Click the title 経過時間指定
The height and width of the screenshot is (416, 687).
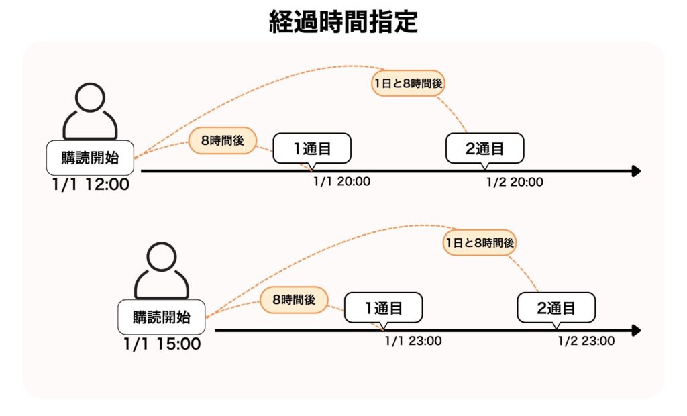[343, 22]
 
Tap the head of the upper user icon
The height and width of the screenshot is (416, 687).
[90, 99]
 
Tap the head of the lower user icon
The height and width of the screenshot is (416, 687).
[162, 258]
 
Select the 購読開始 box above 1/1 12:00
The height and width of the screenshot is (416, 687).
[90, 158]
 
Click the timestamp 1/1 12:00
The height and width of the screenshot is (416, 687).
[90, 184]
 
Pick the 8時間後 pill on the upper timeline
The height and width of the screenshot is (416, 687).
[222, 141]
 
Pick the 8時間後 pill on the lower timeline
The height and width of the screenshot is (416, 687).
[293, 299]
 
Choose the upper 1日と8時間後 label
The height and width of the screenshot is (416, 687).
[409, 84]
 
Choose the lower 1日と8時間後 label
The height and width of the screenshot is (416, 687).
[480, 243]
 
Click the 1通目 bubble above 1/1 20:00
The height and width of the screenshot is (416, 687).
[312, 148]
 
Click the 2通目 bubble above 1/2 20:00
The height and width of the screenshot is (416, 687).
[484, 148]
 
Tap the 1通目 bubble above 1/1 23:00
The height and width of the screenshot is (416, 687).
[383, 307]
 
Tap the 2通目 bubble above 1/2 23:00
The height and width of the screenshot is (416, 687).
[556, 307]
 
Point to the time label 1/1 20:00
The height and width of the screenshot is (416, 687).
[341, 181]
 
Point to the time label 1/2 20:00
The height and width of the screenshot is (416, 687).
[515, 181]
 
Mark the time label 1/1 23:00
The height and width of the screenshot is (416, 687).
[413, 340]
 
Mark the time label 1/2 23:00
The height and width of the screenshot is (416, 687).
[586, 340]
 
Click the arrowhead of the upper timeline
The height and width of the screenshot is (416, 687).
[636, 172]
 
